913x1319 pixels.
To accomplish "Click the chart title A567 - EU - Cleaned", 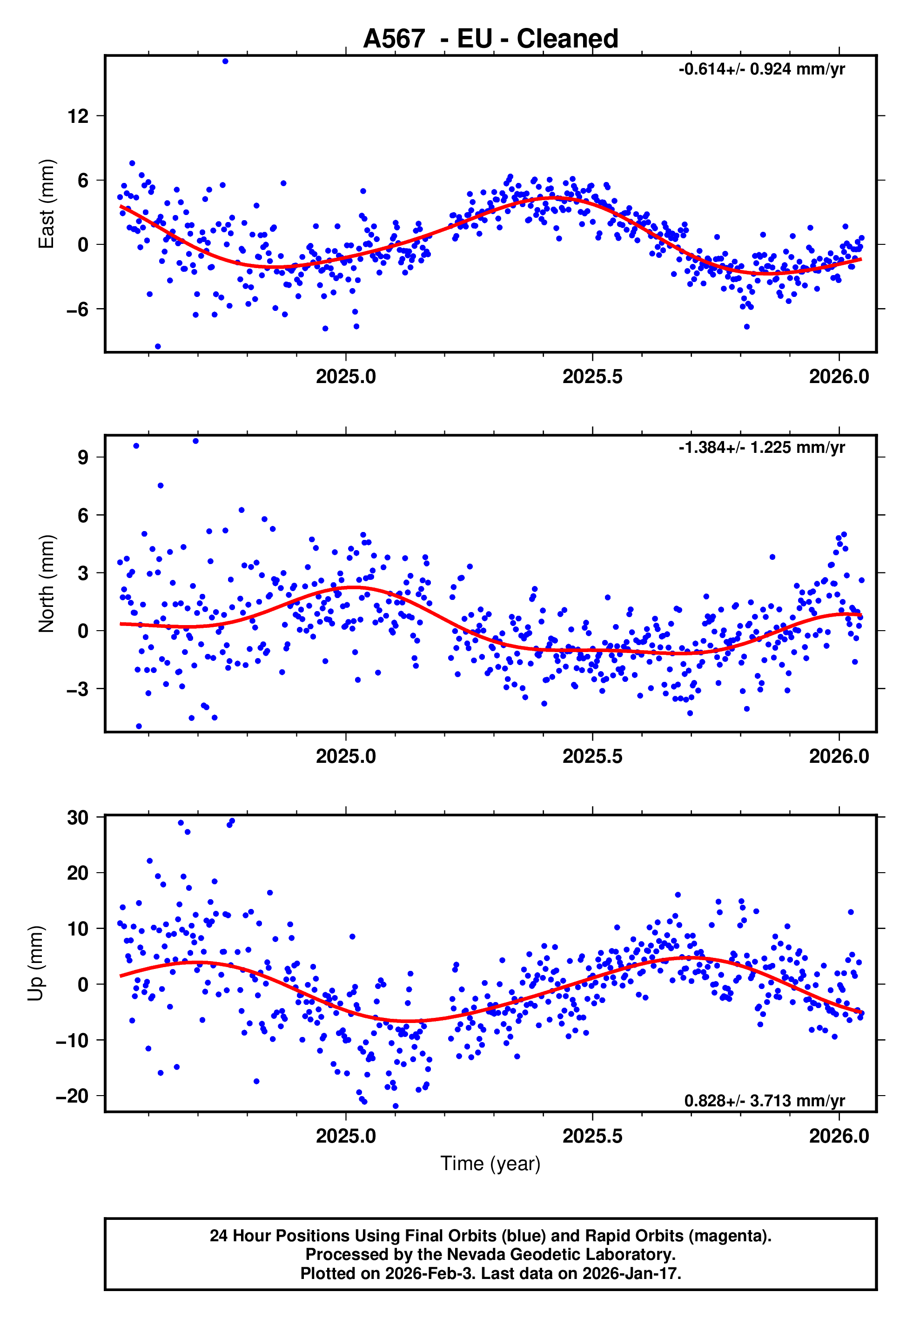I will click(x=490, y=39).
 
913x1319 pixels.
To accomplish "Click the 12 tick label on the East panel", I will click(x=78, y=116).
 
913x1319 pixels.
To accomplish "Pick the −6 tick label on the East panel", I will click(x=77, y=310).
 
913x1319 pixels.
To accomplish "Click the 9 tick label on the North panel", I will click(x=83, y=457).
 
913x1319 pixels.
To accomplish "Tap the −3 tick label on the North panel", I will click(x=77, y=689).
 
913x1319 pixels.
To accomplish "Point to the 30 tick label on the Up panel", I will click(x=78, y=817).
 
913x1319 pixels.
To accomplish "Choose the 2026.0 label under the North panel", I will click(x=839, y=756).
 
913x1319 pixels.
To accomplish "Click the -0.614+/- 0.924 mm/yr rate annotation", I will click(x=761, y=69).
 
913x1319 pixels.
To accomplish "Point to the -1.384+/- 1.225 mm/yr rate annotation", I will click(x=761, y=447).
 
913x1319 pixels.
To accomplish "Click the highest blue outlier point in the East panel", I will click(x=225, y=61).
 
